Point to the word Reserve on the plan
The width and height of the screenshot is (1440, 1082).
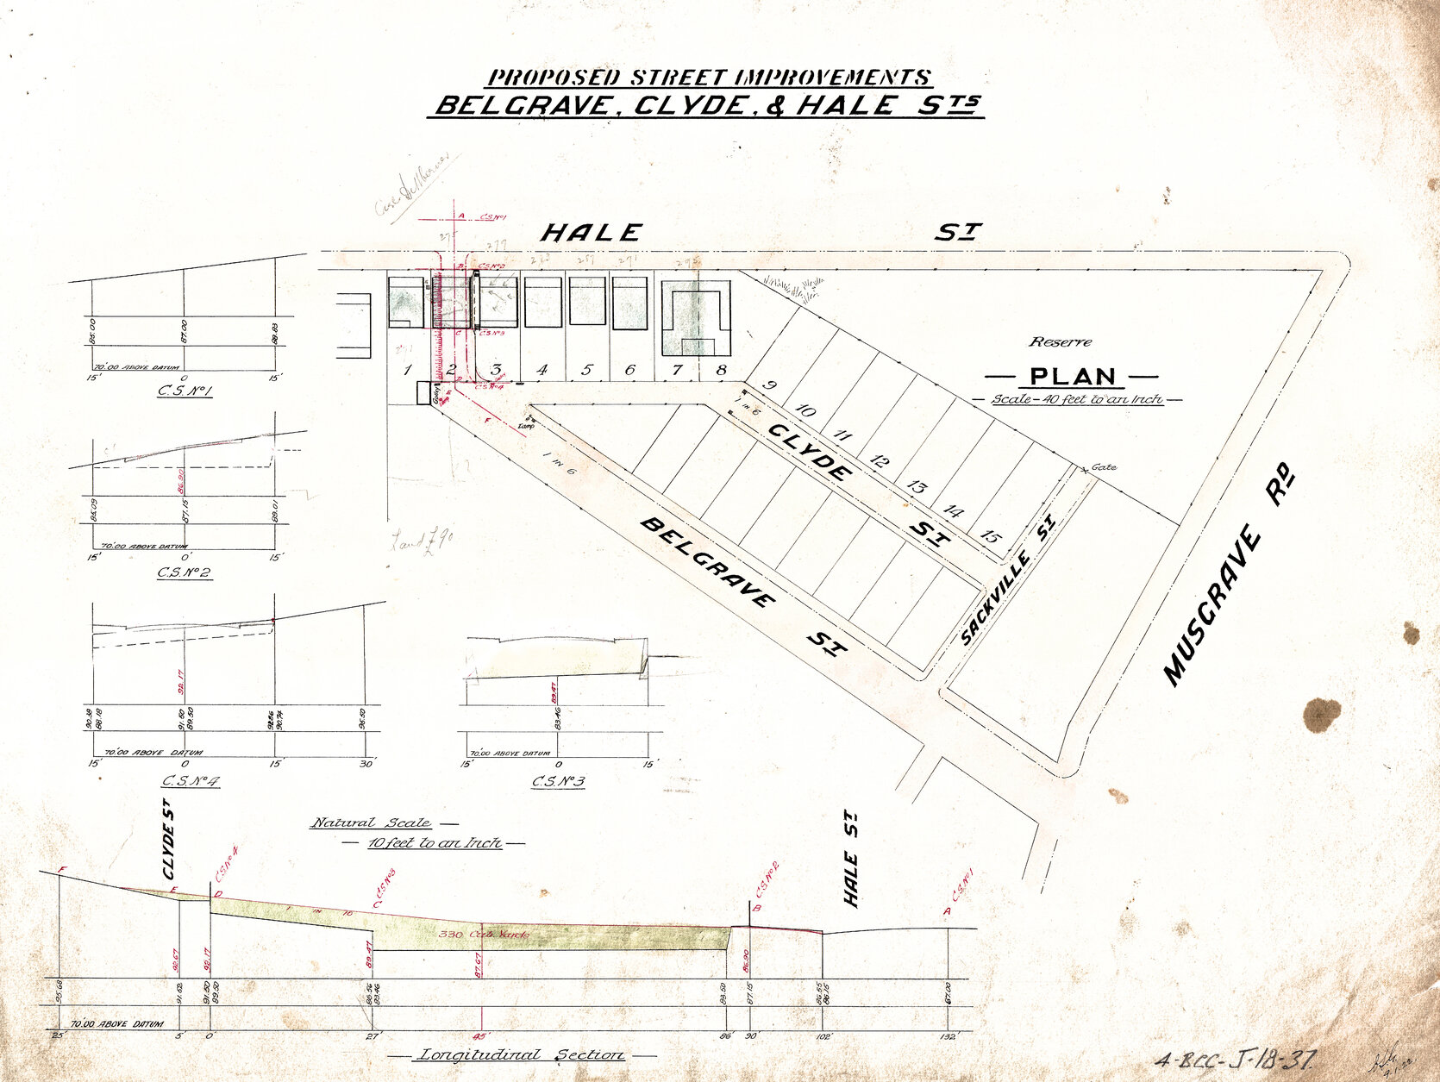click(1060, 342)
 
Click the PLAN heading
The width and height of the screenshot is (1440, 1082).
click(1073, 377)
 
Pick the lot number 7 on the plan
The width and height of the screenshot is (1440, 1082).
click(677, 370)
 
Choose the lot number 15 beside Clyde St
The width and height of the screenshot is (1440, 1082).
click(991, 537)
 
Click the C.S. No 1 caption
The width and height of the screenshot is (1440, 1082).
click(185, 391)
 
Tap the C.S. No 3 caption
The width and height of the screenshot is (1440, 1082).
click(558, 782)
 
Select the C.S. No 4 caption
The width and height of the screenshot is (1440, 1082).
click(191, 782)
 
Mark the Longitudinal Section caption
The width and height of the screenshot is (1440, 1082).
click(521, 1055)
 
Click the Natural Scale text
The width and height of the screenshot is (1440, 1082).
click(372, 823)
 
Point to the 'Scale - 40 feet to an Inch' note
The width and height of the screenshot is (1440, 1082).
click(1076, 399)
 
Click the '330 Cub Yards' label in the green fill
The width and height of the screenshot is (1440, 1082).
click(483, 935)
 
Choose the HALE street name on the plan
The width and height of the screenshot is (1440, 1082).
click(592, 233)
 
